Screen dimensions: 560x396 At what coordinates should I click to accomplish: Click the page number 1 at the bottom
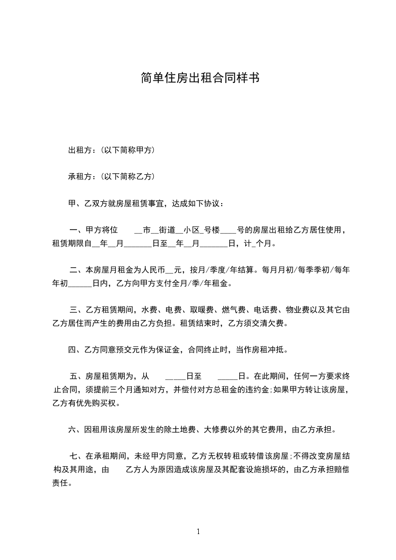pos(198,532)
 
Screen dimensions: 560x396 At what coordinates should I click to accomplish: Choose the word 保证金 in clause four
pos(170,350)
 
